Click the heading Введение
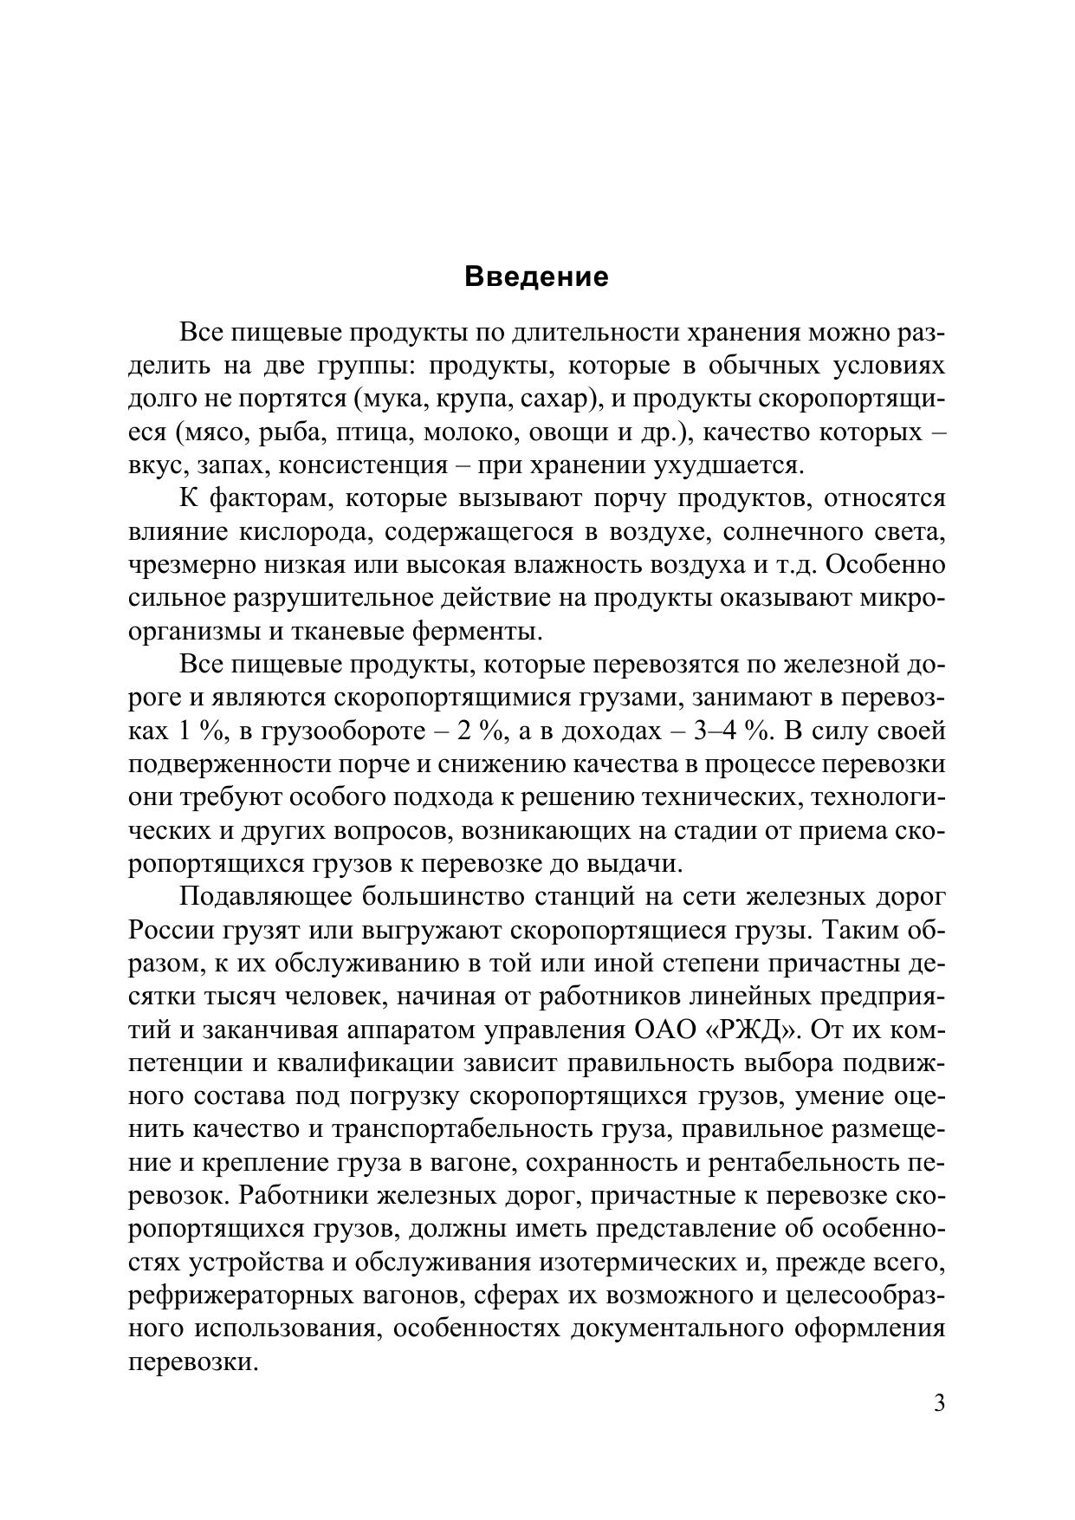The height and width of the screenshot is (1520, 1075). click(537, 277)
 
